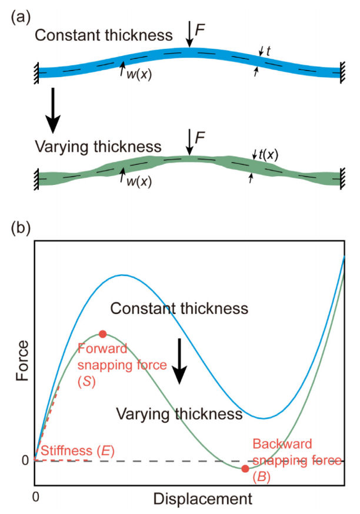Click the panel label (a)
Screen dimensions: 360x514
(x=21, y=17)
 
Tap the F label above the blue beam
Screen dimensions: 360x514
(x=200, y=30)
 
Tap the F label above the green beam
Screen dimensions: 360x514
(x=200, y=137)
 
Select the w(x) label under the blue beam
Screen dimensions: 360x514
(x=139, y=74)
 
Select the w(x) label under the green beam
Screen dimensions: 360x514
(x=139, y=181)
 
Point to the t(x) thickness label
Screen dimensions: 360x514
(x=268, y=154)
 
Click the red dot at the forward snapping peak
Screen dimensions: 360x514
(x=103, y=334)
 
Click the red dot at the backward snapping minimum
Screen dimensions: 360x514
(x=245, y=469)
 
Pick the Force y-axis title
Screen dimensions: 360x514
(x=22, y=360)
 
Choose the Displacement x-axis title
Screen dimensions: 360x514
(x=202, y=499)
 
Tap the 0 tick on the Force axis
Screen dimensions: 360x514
(x=25, y=460)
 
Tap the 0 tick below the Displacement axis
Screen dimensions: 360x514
(x=36, y=496)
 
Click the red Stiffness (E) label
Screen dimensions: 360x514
(x=78, y=451)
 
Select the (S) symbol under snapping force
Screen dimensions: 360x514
(x=87, y=382)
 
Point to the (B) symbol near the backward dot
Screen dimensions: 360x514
(x=262, y=477)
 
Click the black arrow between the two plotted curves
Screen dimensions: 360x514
(x=179, y=361)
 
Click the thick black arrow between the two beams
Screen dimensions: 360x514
(x=53, y=111)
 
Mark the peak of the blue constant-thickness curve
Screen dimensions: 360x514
(x=122, y=275)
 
